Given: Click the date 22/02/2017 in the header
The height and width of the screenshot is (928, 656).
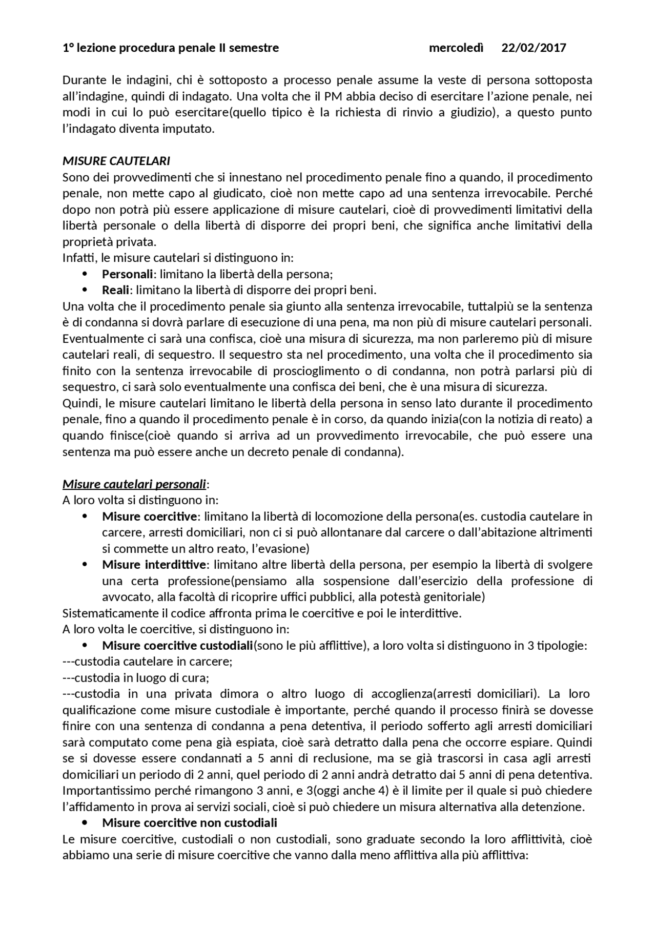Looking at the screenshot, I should click(x=534, y=48).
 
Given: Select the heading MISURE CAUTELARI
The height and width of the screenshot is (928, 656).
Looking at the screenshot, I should click(x=116, y=161).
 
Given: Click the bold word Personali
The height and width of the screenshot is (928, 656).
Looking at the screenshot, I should click(x=128, y=274).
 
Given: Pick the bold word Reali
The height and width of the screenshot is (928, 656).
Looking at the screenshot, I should click(x=115, y=291).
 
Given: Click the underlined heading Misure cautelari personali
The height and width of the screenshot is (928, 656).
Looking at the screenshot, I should click(x=134, y=484).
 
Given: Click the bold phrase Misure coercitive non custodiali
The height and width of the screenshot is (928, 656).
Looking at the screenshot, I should click(x=190, y=823).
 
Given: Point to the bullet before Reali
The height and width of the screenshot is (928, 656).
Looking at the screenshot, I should click(x=85, y=291).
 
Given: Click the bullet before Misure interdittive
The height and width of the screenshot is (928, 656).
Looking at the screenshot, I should click(x=85, y=565).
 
